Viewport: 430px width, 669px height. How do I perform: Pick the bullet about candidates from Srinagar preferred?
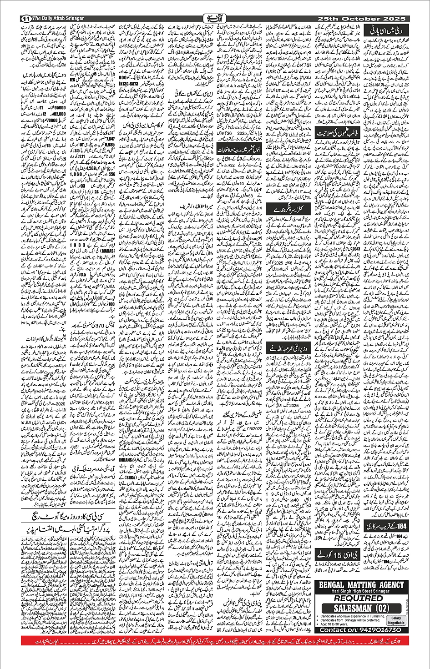350,620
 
